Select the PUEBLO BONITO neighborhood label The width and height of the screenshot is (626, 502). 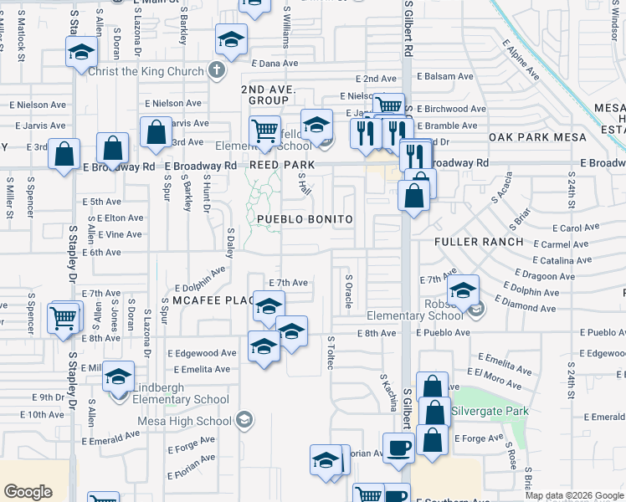click(304, 219)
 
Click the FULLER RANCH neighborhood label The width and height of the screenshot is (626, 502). click(479, 242)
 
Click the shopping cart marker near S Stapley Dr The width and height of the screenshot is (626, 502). click(64, 318)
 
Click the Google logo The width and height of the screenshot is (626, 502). click(28, 492)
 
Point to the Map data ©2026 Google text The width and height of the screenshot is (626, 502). click(574, 495)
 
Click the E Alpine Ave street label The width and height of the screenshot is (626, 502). click(520, 62)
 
